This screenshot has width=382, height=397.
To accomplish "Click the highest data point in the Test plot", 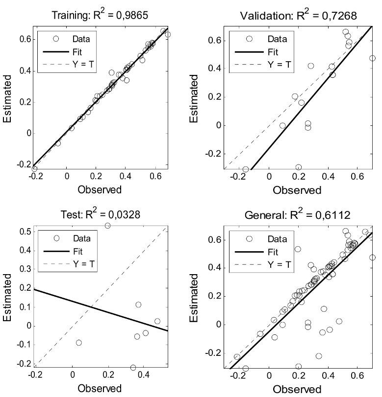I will (x=108, y=226).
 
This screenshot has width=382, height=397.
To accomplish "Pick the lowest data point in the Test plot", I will (x=133, y=367).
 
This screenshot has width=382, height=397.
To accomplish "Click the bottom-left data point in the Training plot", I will (x=34, y=168).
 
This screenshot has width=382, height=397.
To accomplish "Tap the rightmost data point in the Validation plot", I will (x=372, y=58).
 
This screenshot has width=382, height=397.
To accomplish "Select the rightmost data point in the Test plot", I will (x=157, y=321).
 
